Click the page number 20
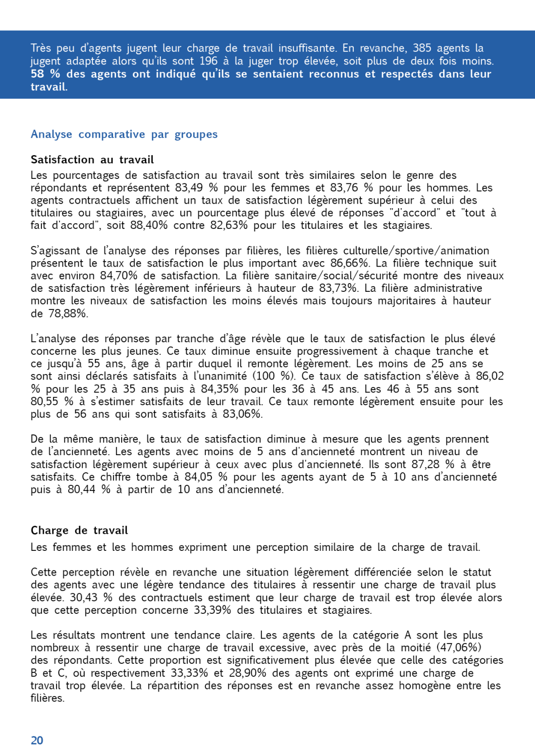[x=37, y=740]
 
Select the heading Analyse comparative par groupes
[x=124, y=135]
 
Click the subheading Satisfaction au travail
[x=92, y=160]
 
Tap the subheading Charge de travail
[x=79, y=530]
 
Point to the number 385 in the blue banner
[x=422, y=48]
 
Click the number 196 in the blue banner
[x=208, y=61]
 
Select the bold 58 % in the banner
[x=45, y=74]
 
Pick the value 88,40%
[x=149, y=225]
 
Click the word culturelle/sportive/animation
[x=416, y=250]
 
